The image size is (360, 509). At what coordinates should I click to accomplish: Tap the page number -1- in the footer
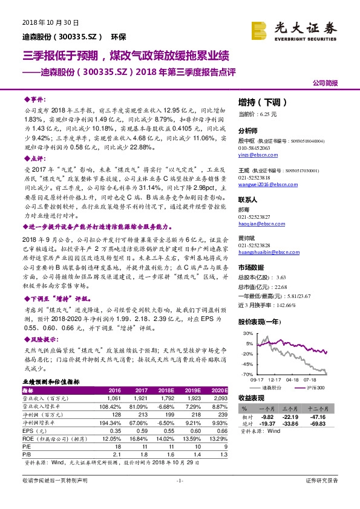pos(179,480)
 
